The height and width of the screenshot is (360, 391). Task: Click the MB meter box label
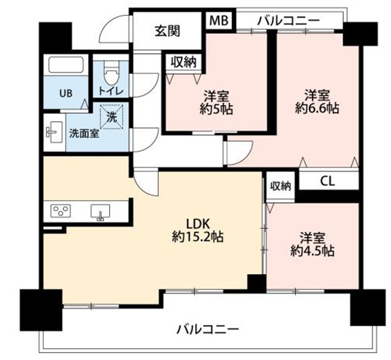[219, 20]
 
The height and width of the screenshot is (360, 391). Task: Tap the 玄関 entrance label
[167, 31]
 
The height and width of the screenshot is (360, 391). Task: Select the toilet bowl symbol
[111, 73]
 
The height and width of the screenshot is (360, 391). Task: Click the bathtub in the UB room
[66, 65]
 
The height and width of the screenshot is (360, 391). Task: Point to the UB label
[66, 93]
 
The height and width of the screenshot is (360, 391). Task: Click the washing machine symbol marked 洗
[111, 117]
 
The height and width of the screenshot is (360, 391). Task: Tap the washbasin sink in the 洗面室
[55, 132]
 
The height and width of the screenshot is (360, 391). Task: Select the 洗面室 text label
[84, 134]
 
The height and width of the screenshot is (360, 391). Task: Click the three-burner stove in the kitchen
[60, 211]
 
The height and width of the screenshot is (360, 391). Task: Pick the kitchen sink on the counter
[100, 212]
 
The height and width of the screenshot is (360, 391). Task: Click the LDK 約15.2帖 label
[198, 230]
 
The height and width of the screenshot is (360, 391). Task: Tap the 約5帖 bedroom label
[216, 102]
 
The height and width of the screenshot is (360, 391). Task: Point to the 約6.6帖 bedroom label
[317, 102]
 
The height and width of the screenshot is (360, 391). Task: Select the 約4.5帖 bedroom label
[312, 244]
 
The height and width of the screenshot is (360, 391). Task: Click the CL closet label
[327, 181]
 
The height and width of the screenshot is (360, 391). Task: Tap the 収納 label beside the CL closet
[281, 186]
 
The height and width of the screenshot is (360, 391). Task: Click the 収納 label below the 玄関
[184, 62]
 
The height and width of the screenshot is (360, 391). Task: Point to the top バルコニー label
[288, 21]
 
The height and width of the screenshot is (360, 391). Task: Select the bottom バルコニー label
[208, 330]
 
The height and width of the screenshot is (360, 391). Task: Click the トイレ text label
[111, 91]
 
